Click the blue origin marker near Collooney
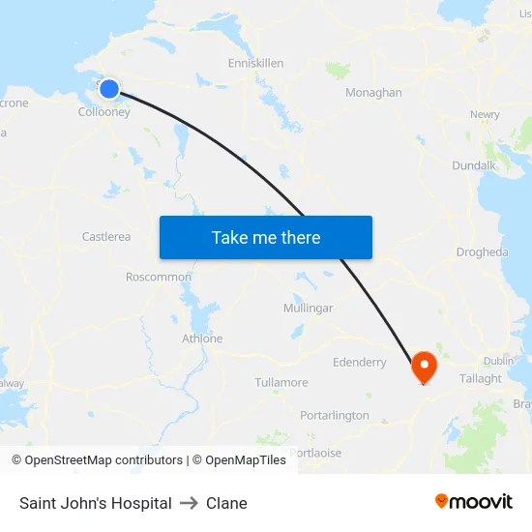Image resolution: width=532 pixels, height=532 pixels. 109,89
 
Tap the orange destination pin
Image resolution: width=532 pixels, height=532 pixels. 424,366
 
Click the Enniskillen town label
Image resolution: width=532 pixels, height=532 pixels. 255,63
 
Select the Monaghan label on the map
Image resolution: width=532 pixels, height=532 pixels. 373,93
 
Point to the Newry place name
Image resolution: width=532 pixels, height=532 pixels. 485,114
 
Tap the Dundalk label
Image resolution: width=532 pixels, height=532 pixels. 474,165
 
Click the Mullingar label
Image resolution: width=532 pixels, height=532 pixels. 308,308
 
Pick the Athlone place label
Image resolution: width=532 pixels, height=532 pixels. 202,339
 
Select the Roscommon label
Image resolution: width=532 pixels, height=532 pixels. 159,277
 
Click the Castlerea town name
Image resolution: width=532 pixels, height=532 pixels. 106,236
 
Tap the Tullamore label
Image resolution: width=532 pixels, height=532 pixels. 281,382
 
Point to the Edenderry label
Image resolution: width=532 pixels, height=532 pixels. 359,362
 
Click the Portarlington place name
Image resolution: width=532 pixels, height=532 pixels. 335,415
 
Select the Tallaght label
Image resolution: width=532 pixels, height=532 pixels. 481,378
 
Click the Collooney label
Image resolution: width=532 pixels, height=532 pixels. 104,112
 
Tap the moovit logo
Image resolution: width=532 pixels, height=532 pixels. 474,501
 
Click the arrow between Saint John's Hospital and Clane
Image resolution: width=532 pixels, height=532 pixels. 189,503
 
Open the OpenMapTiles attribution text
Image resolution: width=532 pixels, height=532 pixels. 239,460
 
